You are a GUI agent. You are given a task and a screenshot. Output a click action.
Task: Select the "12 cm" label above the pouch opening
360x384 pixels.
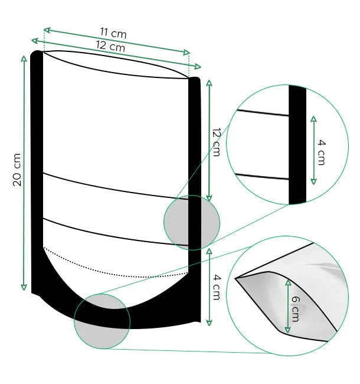coord(110,47)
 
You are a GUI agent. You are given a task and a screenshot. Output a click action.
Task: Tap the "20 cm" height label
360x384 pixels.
coord(17,170)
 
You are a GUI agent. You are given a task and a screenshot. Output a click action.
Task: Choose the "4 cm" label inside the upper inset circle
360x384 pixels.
coord(322,151)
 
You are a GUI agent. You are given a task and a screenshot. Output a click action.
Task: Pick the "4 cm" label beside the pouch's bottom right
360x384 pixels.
coord(217,287)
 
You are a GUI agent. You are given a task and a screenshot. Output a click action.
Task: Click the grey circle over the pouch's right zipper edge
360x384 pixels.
coord(191,223)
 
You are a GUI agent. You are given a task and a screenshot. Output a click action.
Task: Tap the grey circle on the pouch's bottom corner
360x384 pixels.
coord(102,321)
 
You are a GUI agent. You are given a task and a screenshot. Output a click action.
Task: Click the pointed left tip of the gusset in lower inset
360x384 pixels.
coord(237,278)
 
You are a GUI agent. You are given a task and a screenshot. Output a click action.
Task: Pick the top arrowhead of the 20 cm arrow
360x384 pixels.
coord(24,58)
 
